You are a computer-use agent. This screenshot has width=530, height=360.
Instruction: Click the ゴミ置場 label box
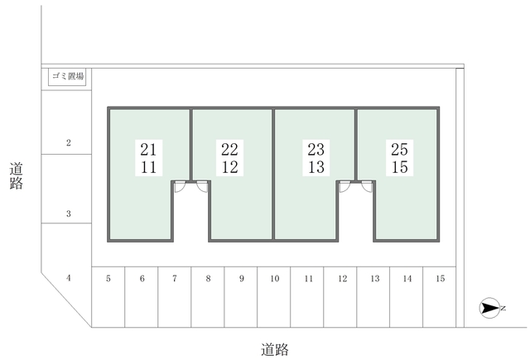(x=67, y=77)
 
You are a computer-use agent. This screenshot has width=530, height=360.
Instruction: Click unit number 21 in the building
(x=148, y=149)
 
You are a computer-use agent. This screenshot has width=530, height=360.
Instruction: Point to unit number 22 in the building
(x=230, y=149)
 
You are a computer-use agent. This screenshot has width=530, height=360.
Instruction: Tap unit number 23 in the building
(x=316, y=149)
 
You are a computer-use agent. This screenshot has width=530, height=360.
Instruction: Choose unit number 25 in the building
(x=399, y=149)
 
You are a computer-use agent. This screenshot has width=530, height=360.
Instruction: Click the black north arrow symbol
(x=489, y=308)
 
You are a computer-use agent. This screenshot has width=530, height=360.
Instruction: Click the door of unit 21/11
(x=180, y=187)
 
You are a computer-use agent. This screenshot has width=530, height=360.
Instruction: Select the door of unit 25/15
(x=367, y=187)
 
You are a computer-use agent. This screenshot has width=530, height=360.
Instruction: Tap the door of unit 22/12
(x=202, y=187)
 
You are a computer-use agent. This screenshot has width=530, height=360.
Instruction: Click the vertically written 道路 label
(x=17, y=176)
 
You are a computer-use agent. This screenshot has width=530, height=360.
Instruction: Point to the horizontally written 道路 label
(x=275, y=349)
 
